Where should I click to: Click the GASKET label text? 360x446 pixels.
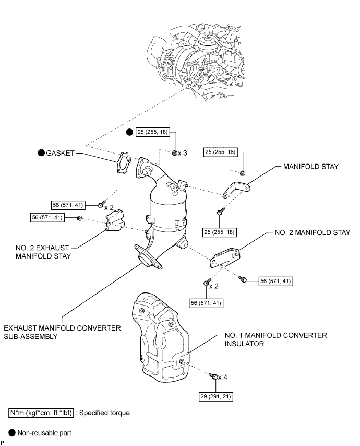[60, 153]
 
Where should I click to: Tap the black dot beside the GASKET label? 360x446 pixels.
[40, 153]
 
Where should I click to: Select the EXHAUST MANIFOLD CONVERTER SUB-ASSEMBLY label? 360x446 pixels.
[62, 332]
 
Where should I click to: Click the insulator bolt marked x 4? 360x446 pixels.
[213, 375]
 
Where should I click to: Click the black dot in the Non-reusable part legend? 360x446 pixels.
[12, 433]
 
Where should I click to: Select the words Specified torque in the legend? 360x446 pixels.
[110, 413]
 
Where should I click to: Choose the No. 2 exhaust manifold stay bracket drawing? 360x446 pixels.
[115, 219]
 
